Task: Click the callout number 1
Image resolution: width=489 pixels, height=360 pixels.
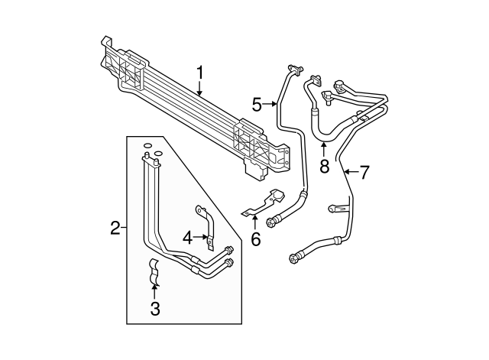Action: tap(200, 73)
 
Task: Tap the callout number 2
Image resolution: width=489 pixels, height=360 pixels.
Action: tap(115, 227)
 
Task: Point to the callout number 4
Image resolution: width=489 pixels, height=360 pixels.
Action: tap(187, 238)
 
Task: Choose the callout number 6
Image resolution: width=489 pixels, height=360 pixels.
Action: tap(255, 239)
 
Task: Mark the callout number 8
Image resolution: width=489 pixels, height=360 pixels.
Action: tap(325, 165)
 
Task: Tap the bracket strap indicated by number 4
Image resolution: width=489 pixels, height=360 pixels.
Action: tap(205, 226)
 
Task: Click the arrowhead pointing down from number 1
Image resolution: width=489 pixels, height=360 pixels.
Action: tap(200, 94)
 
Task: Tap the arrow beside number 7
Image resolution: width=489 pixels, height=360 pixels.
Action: tap(350, 173)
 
